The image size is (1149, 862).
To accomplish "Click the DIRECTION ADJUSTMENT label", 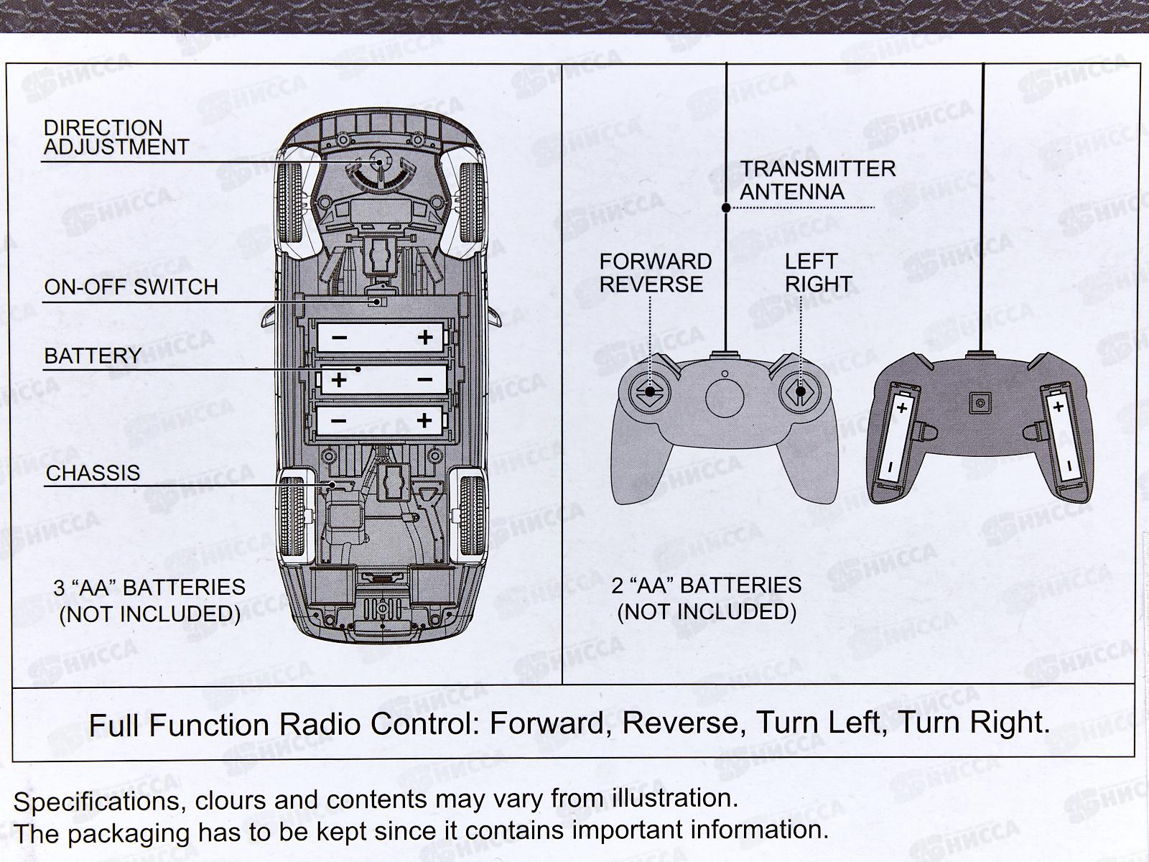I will coord(116,137).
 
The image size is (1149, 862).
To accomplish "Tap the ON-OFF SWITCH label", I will coord(131,287).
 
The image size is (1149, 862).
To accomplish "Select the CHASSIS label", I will coord(93,473).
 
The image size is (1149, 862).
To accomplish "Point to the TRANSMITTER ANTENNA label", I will coord(817,180).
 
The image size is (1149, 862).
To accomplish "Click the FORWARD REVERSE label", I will coord(655,273).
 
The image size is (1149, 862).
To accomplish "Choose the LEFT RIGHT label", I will coord(818,273).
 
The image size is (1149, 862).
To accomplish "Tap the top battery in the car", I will coord(382,337).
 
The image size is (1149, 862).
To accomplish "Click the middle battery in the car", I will coord(382,379).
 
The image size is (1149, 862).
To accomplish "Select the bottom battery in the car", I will coord(382,420).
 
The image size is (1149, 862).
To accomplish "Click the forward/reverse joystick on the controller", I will coord(650,391).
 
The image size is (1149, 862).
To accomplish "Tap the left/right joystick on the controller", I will coord(799,391).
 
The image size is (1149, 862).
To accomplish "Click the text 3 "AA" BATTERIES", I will coord(149,588).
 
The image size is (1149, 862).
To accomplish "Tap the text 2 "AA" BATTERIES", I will coord(706,585).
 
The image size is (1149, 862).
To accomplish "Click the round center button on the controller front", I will coord(724,397).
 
